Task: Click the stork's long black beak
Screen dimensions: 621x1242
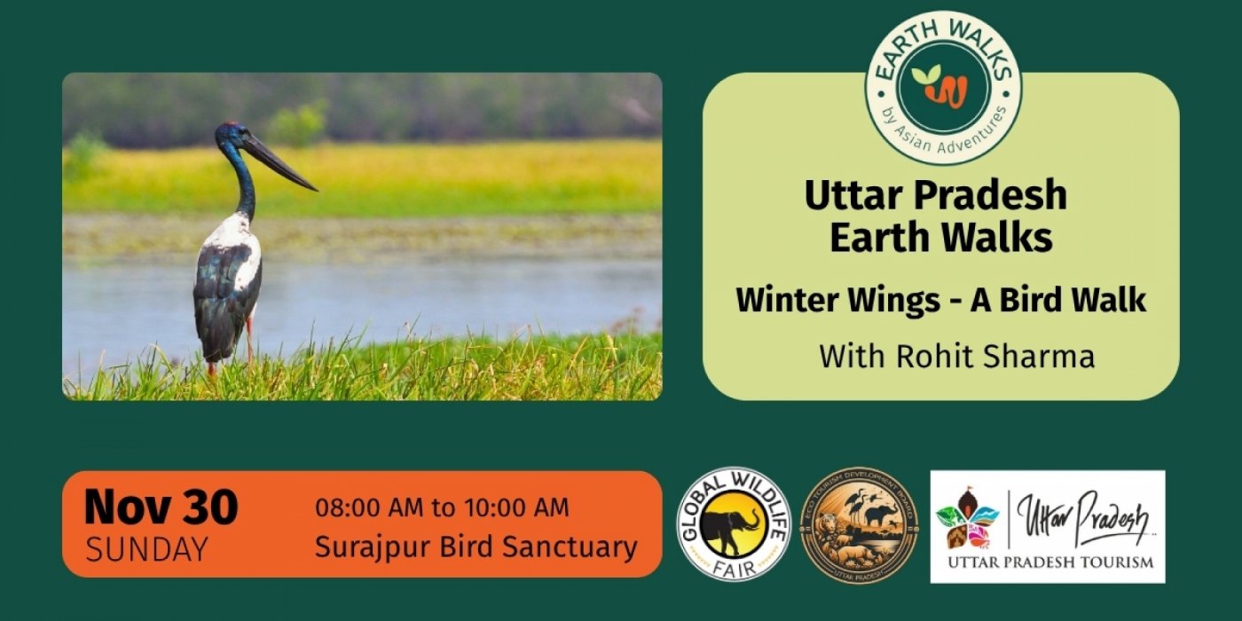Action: (x=279, y=162)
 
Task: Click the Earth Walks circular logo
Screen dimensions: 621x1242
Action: (x=943, y=87)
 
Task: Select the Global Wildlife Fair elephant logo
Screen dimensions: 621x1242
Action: (x=733, y=524)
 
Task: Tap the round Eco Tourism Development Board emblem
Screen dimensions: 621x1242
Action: (x=860, y=524)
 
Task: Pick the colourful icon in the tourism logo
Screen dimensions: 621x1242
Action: (x=969, y=518)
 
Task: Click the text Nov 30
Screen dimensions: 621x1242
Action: (x=161, y=508)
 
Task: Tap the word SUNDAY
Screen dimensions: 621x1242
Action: (x=146, y=549)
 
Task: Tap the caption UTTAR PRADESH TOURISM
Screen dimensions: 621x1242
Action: (x=1049, y=562)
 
